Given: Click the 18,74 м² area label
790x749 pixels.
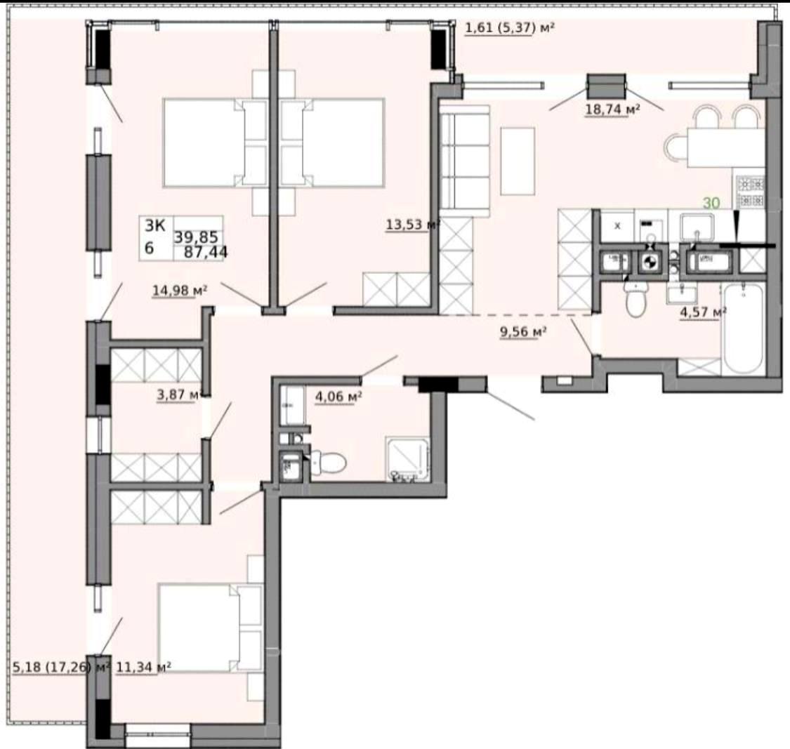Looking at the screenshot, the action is [x=612, y=110].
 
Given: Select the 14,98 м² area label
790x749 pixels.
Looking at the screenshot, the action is [x=180, y=290].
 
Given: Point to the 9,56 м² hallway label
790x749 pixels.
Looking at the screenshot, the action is [x=523, y=331].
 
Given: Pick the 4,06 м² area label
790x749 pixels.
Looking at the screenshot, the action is [x=338, y=397].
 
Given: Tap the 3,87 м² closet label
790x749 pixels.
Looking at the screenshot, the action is [x=180, y=395].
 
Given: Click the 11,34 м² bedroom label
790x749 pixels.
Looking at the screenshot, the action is [x=143, y=668].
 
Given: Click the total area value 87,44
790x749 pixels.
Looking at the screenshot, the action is [x=206, y=252].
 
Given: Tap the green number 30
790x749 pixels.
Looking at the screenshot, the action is [x=711, y=203].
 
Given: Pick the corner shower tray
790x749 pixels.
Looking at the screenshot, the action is [x=407, y=459].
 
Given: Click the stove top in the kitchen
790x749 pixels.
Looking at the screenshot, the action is [x=751, y=192].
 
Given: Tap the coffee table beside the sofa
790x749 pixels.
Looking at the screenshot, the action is [x=518, y=161].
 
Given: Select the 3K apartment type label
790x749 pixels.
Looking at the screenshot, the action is [x=154, y=225].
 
